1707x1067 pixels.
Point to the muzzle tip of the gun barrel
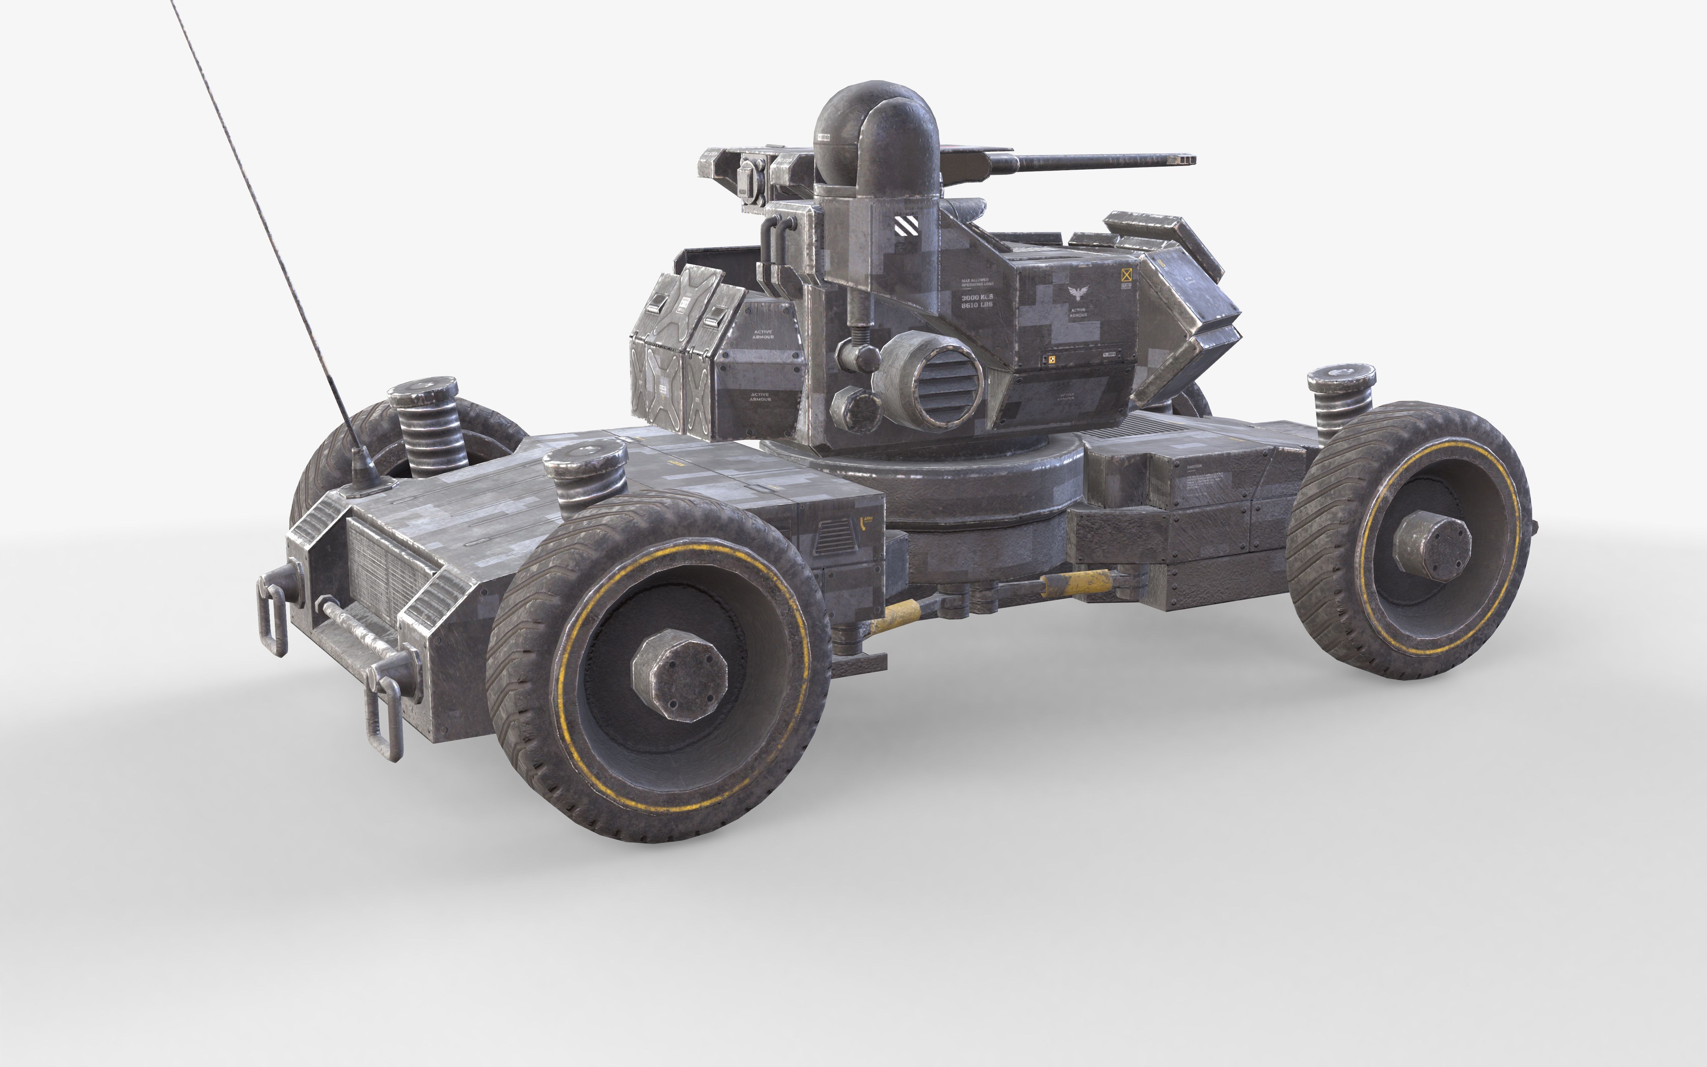coord(1185,160)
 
